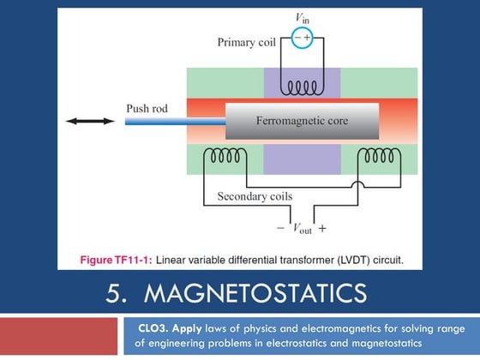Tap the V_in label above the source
(x=302, y=18)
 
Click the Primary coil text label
(x=246, y=41)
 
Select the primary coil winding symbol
(x=302, y=87)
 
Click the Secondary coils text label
(x=255, y=196)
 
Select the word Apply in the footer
(x=201, y=328)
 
